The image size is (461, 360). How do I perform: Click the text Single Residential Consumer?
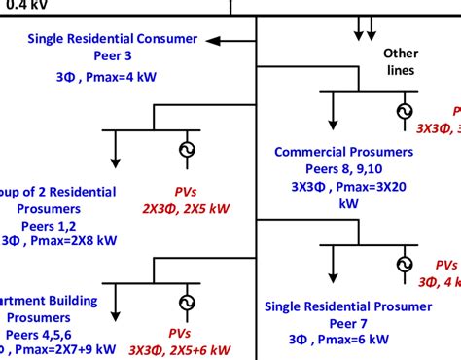tap(112, 39)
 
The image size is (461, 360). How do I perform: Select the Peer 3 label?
tap(112, 56)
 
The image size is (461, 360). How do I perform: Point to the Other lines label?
tap(400, 61)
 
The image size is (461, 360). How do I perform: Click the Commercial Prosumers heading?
tap(343, 152)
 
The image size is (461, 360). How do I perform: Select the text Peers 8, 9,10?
tap(343, 169)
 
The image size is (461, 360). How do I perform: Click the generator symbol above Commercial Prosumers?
tap(403, 112)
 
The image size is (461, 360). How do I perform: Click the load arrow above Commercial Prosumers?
tap(334, 115)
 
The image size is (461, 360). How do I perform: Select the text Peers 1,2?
tap(53, 226)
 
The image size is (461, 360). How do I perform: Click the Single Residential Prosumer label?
tap(348, 306)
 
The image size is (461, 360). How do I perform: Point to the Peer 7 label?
tap(348, 324)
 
